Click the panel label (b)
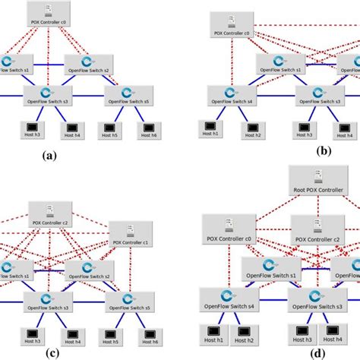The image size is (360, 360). click(x=325, y=152)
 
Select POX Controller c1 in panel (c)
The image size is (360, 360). click(x=131, y=235)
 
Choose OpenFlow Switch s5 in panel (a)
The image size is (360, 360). click(x=127, y=95)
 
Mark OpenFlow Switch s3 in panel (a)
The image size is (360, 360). click(x=49, y=95)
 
